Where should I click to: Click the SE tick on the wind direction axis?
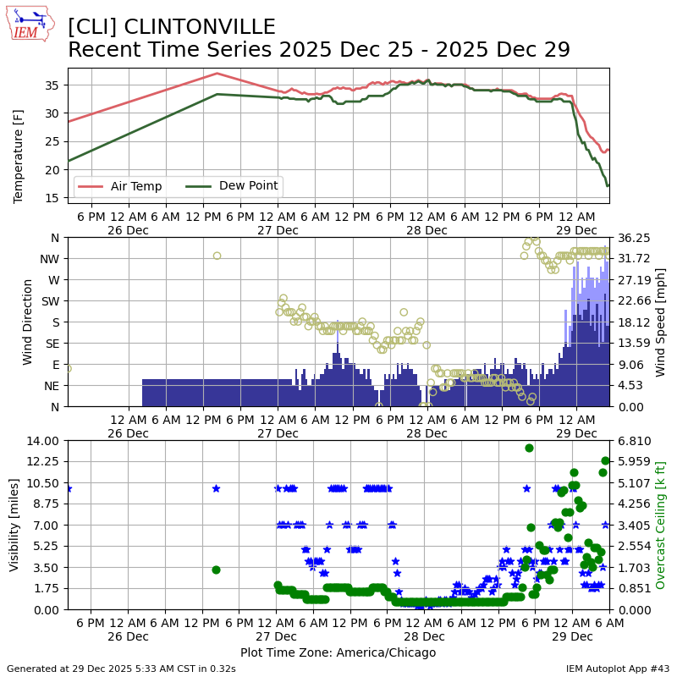coord(52,344)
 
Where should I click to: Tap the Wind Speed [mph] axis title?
coord(661,322)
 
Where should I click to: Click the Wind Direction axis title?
coord(28,322)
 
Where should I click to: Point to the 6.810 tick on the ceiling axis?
coord(631,440)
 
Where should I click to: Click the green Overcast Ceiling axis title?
coord(661,525)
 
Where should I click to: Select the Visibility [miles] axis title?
coord(14,525)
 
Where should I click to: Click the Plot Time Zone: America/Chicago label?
coord(338,652)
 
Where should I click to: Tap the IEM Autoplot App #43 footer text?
coord(618,669)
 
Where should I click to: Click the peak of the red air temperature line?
coord(217,74)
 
